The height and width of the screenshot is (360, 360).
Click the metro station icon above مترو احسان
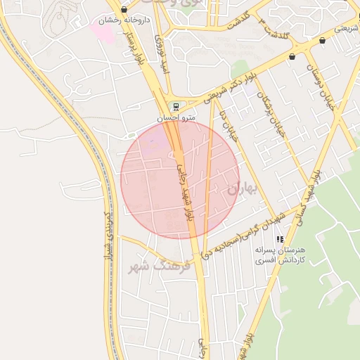(x=174, y=107)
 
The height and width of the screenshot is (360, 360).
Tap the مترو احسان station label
(x=174, y=117)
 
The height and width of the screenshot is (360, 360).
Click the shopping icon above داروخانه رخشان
(x=124, y=10)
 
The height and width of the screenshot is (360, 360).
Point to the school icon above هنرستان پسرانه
(x=280, y=240)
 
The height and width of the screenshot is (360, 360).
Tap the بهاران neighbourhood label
(x=244, y=188)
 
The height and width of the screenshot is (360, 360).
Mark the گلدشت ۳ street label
(x=274, y=26)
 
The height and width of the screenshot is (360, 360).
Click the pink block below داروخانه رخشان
(x=103, y=31)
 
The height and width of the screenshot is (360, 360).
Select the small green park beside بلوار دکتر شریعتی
(x=240, y=69)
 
